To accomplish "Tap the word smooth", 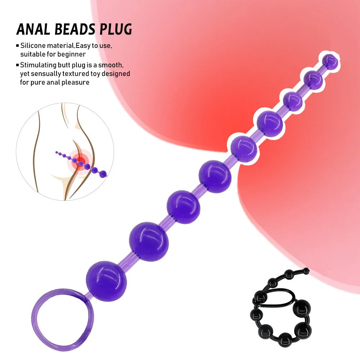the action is (x=113, y=65).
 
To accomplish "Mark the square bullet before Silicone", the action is (x=18, y=46).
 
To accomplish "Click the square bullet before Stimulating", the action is (x=18, y=65).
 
